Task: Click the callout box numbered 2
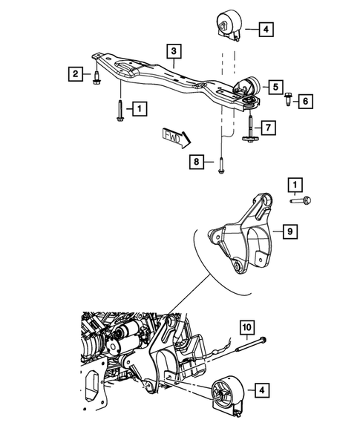pyautogui.click(x=75, y=73)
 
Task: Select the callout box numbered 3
pyautogui.click(x=173, y=51)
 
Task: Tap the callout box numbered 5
pyautogui.click(x=274, y=88)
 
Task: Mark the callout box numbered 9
pyautogui.click(x=292, y=232)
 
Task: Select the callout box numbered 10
pyautogui.click(x=247, y=325)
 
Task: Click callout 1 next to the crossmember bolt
pyautogui.click(x=138, y=109)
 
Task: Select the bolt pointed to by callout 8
pyautogui.click(x=220, y=168)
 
